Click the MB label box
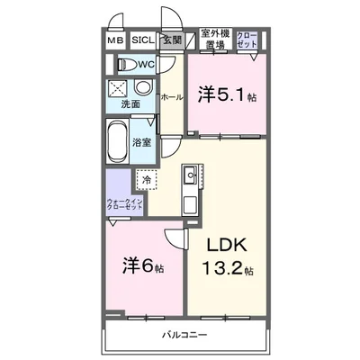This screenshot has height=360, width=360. (x=116, y=40)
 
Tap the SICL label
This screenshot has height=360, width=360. (x=142, y=40)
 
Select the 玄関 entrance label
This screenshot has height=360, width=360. (x=171, y=40)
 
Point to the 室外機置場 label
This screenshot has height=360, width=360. (x=213, y=37)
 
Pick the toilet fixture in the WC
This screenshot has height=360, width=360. (x=127, y=65)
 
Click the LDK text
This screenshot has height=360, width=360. (x=228, y=245)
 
